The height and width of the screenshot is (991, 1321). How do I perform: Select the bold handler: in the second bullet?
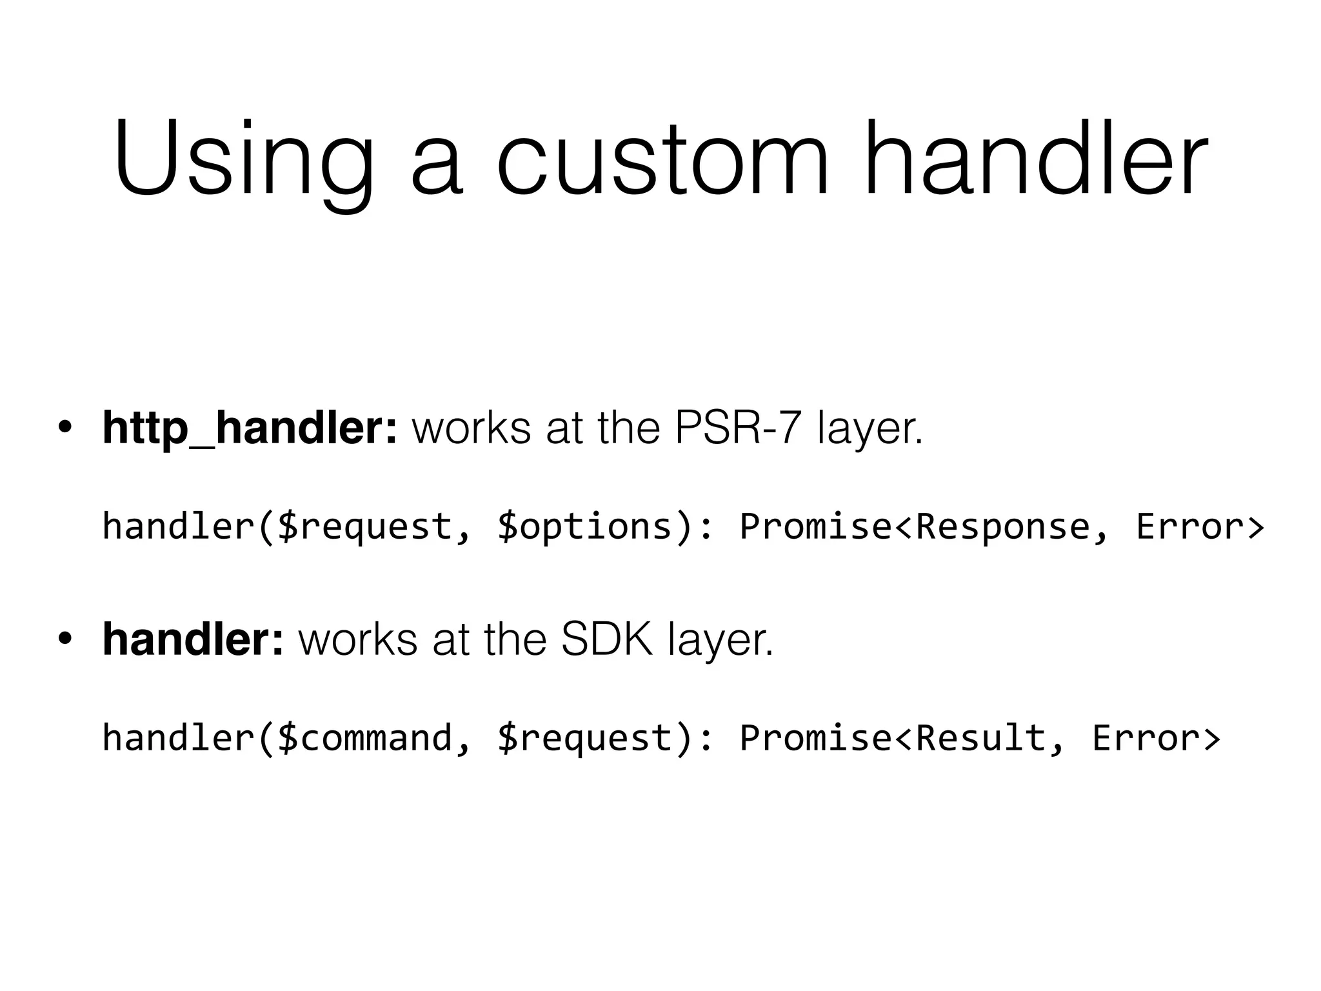click(x=193, y=639)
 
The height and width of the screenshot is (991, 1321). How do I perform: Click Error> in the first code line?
click(x=1200, y=526)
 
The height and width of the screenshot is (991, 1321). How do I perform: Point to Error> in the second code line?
click(x=1156, y=737)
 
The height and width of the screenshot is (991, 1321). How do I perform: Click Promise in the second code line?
click(x=815, y=737)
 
